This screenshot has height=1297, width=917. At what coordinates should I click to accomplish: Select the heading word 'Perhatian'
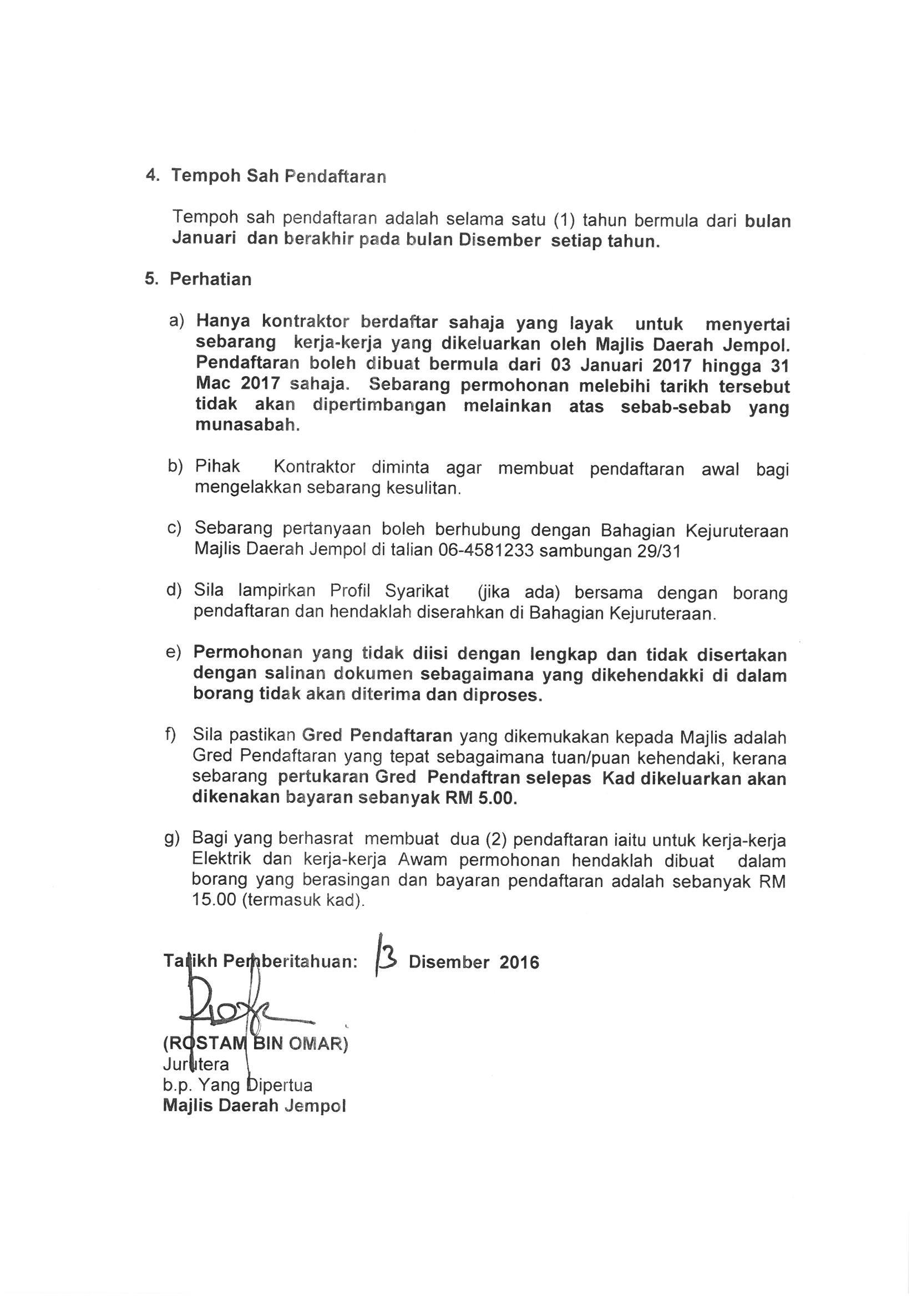(x=210, y=279)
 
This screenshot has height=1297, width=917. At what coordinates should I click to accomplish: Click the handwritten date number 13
(x=387, y=959)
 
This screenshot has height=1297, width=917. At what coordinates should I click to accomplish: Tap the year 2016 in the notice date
(x=519, y=962)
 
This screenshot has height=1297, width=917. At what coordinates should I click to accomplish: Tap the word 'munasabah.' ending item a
(x=247, y=425)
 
